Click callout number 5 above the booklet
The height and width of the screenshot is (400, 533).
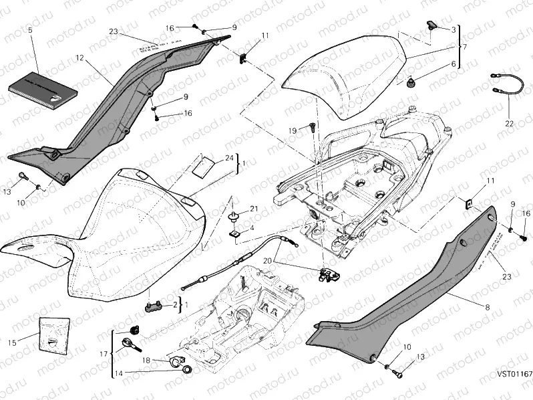(x=30, y=31)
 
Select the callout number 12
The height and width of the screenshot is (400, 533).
(x=79, y=58)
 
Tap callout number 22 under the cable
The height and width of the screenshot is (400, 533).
(x=509, y=124)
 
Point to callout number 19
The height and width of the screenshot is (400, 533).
(x=292, y=130)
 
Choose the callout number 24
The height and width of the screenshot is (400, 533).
(x=228, y=158)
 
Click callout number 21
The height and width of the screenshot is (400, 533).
(x=254, y=209)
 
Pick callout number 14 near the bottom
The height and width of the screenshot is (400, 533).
(x=118, y=373)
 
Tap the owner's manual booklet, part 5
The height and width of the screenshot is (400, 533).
(x=41, y=89)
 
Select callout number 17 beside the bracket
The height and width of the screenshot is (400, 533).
(x=102, y=354)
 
